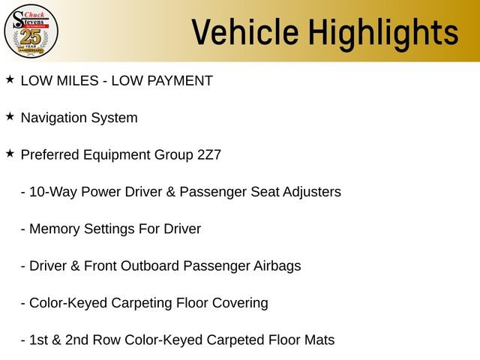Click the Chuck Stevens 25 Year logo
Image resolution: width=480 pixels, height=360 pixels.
click(x=31, y=31)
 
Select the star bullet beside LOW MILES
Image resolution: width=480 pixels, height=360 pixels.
click(x=10, y=79)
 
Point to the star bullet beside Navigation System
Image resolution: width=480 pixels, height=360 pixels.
click(x=10, y=116)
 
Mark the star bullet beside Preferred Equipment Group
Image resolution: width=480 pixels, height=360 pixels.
click(x=10, y=153)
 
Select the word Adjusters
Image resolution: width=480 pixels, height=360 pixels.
click(x=310, y=192)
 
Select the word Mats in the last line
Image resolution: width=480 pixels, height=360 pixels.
click(x=318, y=340)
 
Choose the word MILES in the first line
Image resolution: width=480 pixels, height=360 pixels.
click(x=81, y=80)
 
